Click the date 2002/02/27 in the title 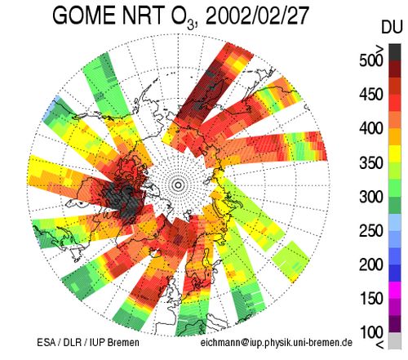pos(257,16)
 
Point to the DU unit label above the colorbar pos(392,27)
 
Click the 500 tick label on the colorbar pos(371,60)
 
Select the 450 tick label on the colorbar pos(371,95)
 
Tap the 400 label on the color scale pos(371,128)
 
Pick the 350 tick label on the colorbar pos(371,162)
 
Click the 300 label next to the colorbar pos(371,197)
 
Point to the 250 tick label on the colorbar pos(371,231)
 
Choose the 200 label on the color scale pos(371,264)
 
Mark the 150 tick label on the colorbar pos(371,299)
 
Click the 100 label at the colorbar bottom pos(371,332)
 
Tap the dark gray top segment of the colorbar pos(395,52)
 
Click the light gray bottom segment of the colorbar pos(395,340)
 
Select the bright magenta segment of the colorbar pos(395,290)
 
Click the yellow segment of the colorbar pos(395,154)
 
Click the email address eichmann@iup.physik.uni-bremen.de pos(277,343)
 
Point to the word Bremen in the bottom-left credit pos(123,342)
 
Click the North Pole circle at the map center pos(178,185)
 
